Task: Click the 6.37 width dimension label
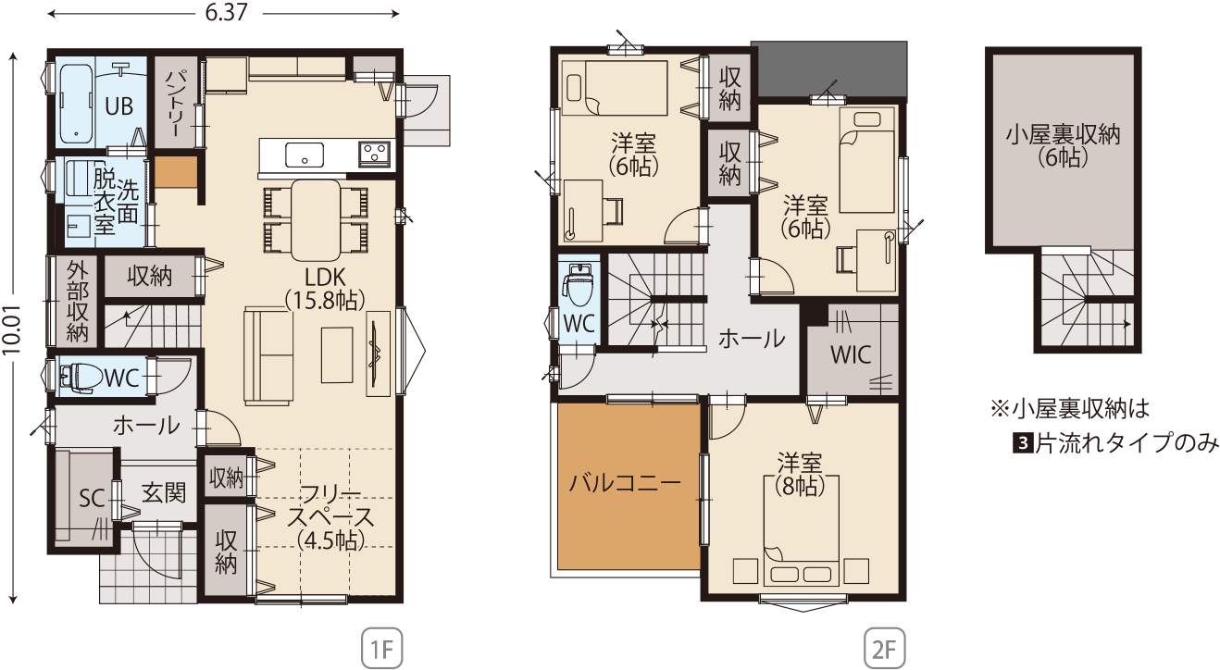coord(226,12)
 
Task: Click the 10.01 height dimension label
coord(11,329)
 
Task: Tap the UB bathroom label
coord(118,106)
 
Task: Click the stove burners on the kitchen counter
coord(374,154)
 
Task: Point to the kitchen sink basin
coord(305,155)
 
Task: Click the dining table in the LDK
coord(316,220)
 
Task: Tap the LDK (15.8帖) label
coord(325,289)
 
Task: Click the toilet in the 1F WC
coord(81,376)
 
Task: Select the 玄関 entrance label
coord(164,493)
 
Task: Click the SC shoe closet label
coord(92,498)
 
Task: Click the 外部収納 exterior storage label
coord(78,302)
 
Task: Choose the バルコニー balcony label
coord(625,483)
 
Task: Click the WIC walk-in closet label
coord(851,355)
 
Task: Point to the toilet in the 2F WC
coord(579,284)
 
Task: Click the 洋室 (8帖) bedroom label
coord(800,475)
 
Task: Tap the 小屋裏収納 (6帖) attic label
coord(1063,145)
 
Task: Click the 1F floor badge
coord(381,648)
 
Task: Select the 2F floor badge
coord(885,648)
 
